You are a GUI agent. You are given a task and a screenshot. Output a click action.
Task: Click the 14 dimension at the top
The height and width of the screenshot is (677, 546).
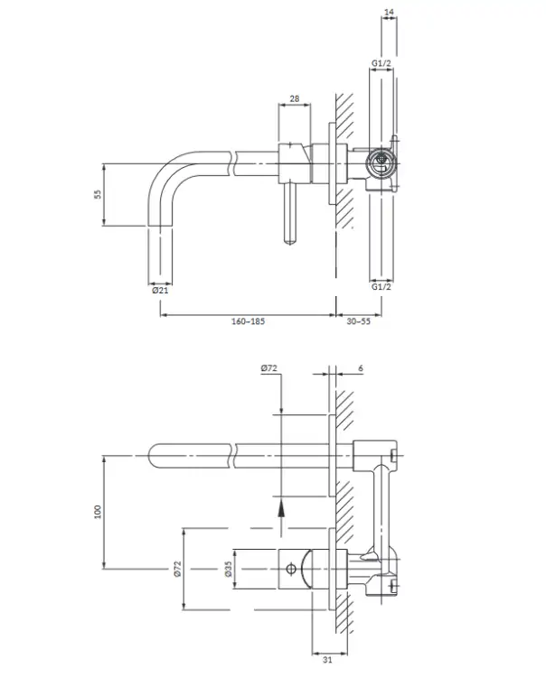coord(389,12)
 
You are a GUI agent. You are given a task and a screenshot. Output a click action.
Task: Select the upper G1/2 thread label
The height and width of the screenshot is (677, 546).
coord(381,63)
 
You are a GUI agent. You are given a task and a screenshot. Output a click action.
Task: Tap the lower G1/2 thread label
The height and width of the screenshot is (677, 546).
coord(381,286)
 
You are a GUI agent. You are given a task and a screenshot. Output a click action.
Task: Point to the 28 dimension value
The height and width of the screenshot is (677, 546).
coord(295,98)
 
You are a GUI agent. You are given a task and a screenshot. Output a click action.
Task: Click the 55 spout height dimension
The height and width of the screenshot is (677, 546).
coord(99,194)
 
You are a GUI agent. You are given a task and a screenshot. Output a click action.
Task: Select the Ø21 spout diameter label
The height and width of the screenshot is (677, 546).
coord(160,290)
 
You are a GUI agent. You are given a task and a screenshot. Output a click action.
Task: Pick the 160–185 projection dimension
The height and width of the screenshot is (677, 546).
coord(248,321)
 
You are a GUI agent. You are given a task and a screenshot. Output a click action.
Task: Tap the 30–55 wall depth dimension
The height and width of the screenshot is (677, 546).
coord(358,321)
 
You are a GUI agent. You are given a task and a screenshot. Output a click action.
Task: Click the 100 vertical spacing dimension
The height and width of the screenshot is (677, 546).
coord(99,512)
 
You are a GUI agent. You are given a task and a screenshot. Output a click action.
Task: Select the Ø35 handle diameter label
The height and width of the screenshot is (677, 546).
coord(229,569)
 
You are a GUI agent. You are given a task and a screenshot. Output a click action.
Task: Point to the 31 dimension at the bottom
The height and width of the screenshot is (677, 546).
coord(327,659)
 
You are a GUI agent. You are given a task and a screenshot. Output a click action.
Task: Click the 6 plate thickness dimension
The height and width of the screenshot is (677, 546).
coord(361,368)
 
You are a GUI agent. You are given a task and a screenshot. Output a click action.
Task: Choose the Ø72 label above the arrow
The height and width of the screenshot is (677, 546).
coord(268,368)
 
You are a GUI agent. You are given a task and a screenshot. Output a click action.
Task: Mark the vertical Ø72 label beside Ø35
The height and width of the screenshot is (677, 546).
coord(177,569)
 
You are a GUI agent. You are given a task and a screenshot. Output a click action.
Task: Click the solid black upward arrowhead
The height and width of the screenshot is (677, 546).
coord(281,507)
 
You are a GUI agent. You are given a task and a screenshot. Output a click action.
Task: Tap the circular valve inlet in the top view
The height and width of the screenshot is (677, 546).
coord(381,163)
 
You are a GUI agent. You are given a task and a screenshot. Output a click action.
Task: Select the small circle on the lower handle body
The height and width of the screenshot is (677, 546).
coord(291,569)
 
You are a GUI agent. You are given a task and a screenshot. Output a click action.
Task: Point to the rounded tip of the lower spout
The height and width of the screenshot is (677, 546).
coord(151,456)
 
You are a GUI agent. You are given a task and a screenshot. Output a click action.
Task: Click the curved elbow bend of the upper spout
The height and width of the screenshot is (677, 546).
coord(165,172)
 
